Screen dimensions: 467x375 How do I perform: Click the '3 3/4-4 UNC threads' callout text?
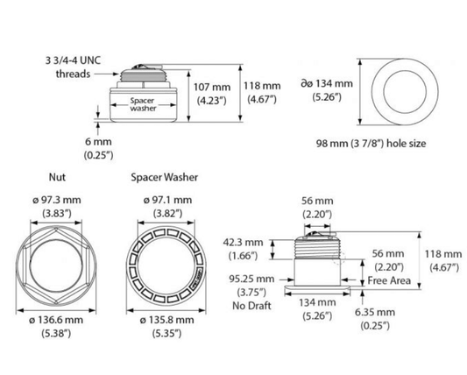tap(73, 67)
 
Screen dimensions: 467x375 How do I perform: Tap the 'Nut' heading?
tap(57, 177)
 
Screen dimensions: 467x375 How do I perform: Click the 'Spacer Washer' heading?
tap(165, 177)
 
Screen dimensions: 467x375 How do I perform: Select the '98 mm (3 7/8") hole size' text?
tap(371, 144)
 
